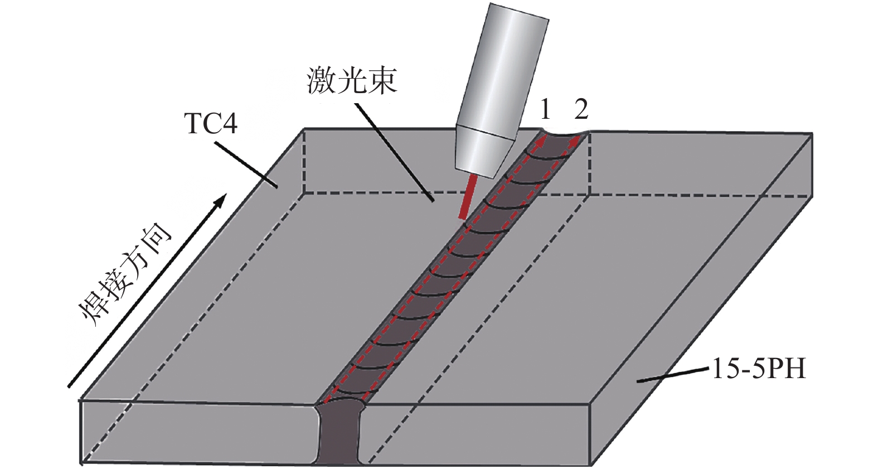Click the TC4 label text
[x=210, y=123]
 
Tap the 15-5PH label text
[x=759, y=369]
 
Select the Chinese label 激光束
[x=351, y=81]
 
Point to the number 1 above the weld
[x=545, y=110]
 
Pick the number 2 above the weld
[x=581, y=110]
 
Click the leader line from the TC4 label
[x=245, y=165]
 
